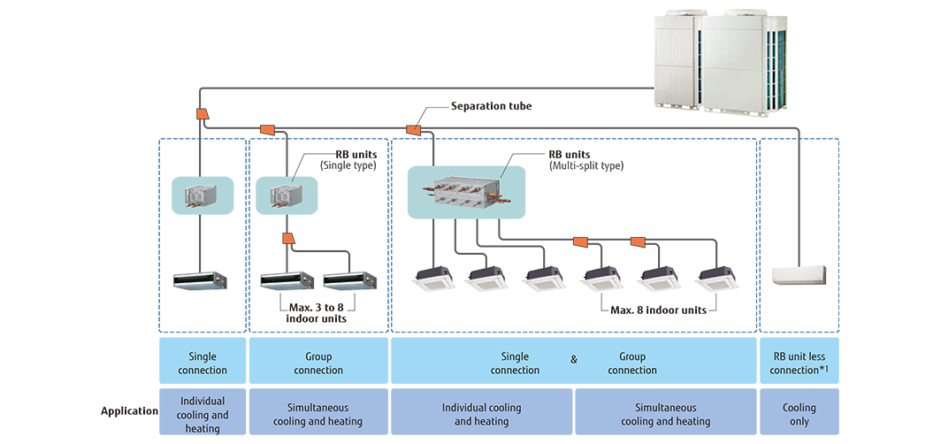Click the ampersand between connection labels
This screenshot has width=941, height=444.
click(574, 360)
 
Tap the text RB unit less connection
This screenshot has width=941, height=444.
click(799, 364)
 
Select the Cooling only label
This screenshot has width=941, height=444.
click(799, 415)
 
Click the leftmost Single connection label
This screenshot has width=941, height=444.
click(203, 364)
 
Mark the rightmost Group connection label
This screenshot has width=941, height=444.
click(632, 364)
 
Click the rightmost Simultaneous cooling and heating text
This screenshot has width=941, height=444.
click(665, 415)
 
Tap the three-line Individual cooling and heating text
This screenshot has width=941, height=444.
click(203, 415)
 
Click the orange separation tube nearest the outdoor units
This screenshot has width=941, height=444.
click(411, 132)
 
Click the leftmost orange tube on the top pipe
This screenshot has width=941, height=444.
click(203, 113)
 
